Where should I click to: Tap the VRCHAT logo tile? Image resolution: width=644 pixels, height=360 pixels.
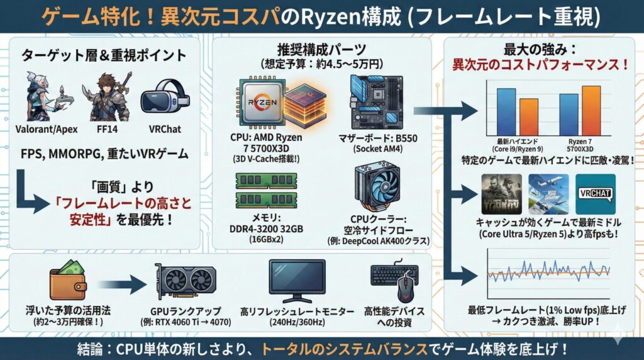point(595,194)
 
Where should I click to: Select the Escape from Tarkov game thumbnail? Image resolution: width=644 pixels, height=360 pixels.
point(501,194)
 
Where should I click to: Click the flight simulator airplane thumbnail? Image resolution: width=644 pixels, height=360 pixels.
point(548,194)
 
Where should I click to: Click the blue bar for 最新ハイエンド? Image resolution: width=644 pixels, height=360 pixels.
point(506,108)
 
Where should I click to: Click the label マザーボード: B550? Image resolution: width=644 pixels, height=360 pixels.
point(377,138)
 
